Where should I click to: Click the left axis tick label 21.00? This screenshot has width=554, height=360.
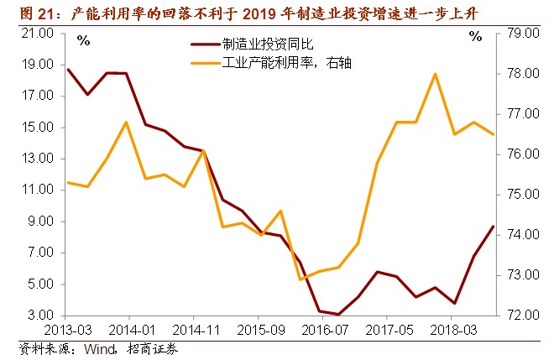pyautogui.click(x=39, y=34)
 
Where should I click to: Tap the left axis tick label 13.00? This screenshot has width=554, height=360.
pyautogui.click(x=39, y=159)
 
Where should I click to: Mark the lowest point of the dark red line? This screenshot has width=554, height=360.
pyautogui.click(x=338, y=315)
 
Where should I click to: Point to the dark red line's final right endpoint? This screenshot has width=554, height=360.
pyautogui.click(x=494, y=227)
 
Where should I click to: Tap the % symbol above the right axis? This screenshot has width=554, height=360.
pyautogui.click(x=476, y=37)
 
